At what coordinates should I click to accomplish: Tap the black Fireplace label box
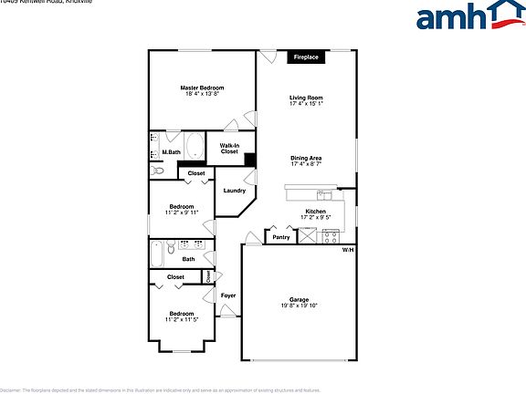pos(305,57)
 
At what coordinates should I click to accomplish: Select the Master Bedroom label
pos(202,88)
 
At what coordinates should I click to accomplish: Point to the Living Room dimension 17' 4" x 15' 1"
pos(307,103)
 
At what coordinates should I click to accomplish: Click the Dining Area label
pos(306,158)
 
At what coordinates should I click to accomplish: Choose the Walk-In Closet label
pos(229,149)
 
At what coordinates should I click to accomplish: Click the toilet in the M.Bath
pos(157,170)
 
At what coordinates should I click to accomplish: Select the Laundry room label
pos(235,191)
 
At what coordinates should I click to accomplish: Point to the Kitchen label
pos(315,212)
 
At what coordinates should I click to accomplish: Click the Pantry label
pos(280,238)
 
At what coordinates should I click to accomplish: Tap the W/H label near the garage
pos(347,250)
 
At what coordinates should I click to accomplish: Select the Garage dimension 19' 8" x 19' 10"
pos(298,306)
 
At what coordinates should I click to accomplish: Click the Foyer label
pos(228,295)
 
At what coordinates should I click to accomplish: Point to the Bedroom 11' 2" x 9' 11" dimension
pos(182,212)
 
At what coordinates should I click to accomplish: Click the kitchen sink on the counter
pos(324,193)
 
